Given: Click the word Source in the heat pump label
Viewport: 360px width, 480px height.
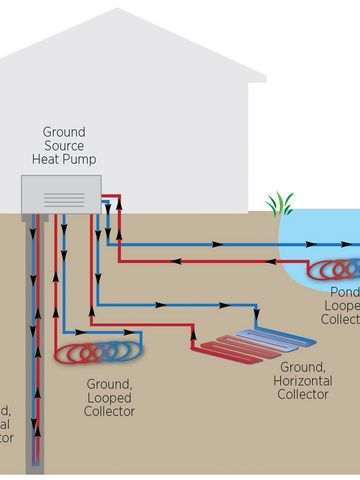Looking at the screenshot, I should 64,146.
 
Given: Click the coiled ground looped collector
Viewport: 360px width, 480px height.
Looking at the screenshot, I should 101,354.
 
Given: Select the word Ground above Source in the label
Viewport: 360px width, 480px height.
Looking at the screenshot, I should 64,132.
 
